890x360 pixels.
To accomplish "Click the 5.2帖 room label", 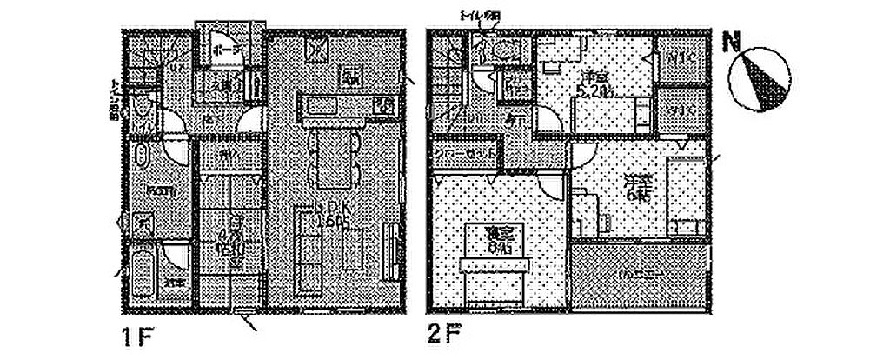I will (595, 83).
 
